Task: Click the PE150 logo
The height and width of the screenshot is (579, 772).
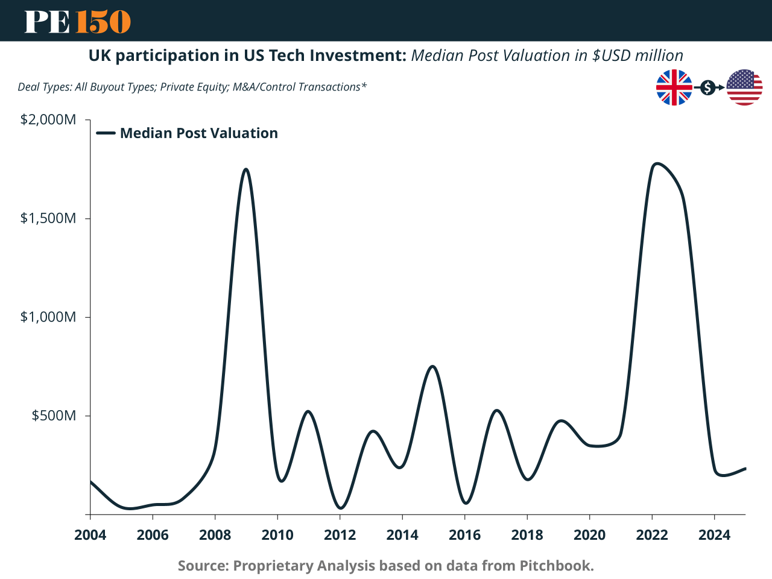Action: (x=77, y=22)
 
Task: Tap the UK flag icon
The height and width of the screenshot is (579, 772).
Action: (x=674, y=87)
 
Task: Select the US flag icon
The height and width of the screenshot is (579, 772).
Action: (x=744, y=87)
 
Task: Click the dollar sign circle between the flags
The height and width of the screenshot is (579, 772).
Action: (x=708, y=88)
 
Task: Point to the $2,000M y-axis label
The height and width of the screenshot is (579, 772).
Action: (x=48, y=119)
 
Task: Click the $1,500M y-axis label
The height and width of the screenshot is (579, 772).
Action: (x=48, y=218)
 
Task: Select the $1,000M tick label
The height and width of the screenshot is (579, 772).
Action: (x=48, y=317)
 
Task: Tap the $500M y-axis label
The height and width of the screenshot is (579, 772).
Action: (x=54, y=416)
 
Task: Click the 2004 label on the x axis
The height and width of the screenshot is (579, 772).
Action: (x=90, y=535)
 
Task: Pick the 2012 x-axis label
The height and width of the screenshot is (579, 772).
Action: (x=340, y=535)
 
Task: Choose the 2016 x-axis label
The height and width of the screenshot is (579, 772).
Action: (x=464, y=535)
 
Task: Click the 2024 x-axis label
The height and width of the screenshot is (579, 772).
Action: (x=714, y=535)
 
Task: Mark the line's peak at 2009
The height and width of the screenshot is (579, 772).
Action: (x=246, y=169)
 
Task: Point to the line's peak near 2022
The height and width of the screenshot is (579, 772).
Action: (x=656, y=163)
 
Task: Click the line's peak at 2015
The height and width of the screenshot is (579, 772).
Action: (x=433, y=367)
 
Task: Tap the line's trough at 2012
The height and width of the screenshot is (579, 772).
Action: (x=340, y=508)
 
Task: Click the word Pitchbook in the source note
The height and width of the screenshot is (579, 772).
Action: (x=555, y=566)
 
